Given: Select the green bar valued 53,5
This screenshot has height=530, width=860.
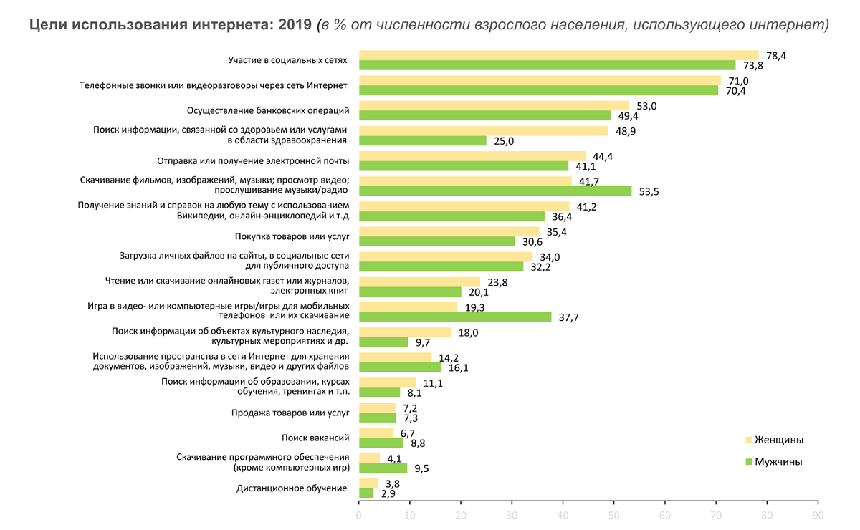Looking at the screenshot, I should pos(495,191).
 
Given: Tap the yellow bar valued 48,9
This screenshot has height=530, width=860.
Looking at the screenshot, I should pos(483,131).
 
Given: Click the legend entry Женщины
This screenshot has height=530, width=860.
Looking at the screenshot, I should pos(778,439).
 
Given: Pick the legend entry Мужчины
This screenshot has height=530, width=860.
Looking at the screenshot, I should pos(778,462).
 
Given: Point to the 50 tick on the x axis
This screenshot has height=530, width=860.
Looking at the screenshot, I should pos(613,514).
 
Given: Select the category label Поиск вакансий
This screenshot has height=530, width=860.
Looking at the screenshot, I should pos(315,437).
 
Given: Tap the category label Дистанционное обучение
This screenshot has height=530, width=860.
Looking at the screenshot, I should pos(292,488).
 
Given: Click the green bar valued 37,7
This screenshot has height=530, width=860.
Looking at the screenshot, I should pos(455,317).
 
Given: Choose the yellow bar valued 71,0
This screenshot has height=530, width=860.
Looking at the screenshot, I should pos(540,80).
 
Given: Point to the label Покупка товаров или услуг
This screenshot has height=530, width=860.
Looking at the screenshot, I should pos(292,236).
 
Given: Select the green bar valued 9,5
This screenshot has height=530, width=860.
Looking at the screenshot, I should pos(383,468).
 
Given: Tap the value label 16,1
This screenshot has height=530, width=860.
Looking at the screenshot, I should pos(459,367).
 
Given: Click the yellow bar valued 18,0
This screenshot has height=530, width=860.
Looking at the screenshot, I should pos(405,332).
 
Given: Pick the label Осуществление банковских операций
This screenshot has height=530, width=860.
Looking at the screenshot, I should pos(268,110).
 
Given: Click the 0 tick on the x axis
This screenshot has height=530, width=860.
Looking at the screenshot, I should pos(359,514).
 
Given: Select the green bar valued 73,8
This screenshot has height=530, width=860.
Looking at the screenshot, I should pos(547,65).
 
